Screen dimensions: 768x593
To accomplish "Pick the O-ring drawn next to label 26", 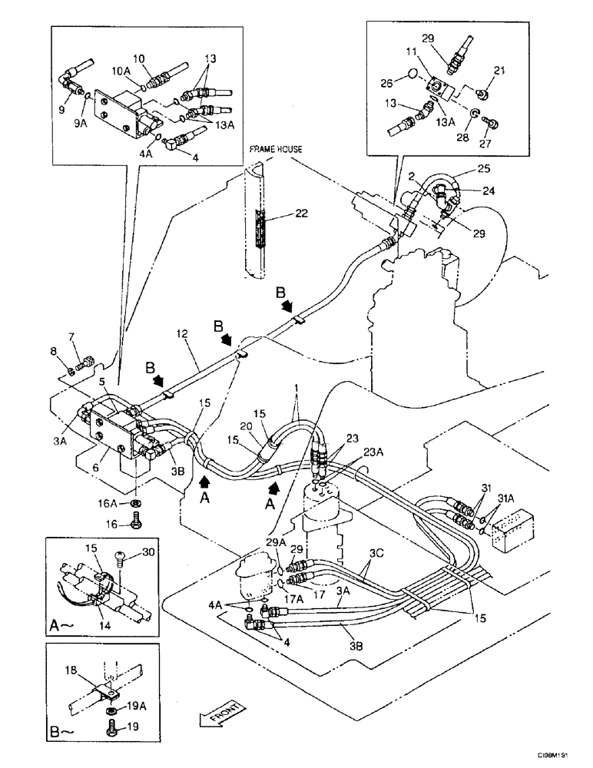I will [412, 75].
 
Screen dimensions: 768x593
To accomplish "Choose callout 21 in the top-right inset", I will [500, 71].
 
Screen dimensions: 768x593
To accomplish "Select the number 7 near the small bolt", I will [71, 336].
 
